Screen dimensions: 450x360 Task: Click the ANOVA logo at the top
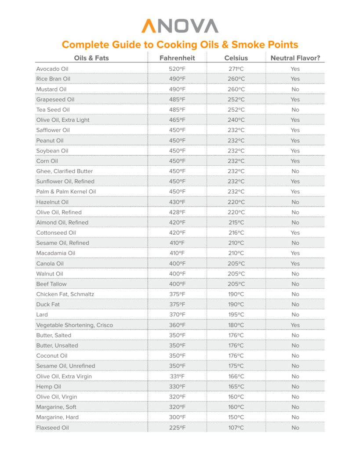pos(180,25)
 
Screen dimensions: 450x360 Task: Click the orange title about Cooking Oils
pos(180,45)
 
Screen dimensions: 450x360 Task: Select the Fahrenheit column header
pos(177,58)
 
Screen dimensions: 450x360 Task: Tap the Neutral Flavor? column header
pos(295,58)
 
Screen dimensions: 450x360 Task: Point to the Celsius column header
pos(236,58)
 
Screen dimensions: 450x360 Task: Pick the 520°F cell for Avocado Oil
pos(177,69)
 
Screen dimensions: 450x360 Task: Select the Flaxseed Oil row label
pos(52,428)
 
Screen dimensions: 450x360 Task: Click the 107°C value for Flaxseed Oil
pos(236,428)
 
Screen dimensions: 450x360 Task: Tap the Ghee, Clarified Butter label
pos(65,171)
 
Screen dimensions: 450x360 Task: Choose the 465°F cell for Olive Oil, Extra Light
pos(177,120)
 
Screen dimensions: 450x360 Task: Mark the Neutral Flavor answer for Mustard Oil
pos(295,89)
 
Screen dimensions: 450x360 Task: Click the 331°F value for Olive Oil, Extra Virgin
pos(177,376)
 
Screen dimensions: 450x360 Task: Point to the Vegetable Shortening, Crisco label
pos(74,325)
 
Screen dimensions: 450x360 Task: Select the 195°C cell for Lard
pos(236,315)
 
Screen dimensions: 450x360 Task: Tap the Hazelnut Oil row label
pos(52,202)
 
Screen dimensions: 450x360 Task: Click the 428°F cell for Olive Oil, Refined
pos(177,212)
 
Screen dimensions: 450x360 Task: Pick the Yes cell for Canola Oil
pos(295,264)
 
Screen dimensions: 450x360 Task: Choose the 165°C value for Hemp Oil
pos(236,387)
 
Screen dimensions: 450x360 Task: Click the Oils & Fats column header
pos(91,58)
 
